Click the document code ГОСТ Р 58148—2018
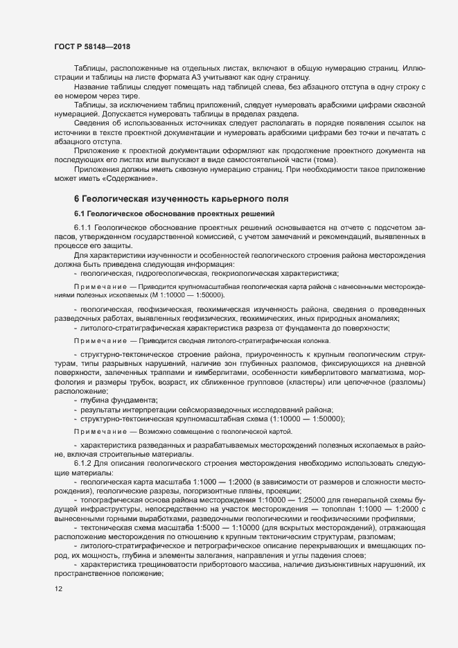pyautogui.click(x=91, y=46)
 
